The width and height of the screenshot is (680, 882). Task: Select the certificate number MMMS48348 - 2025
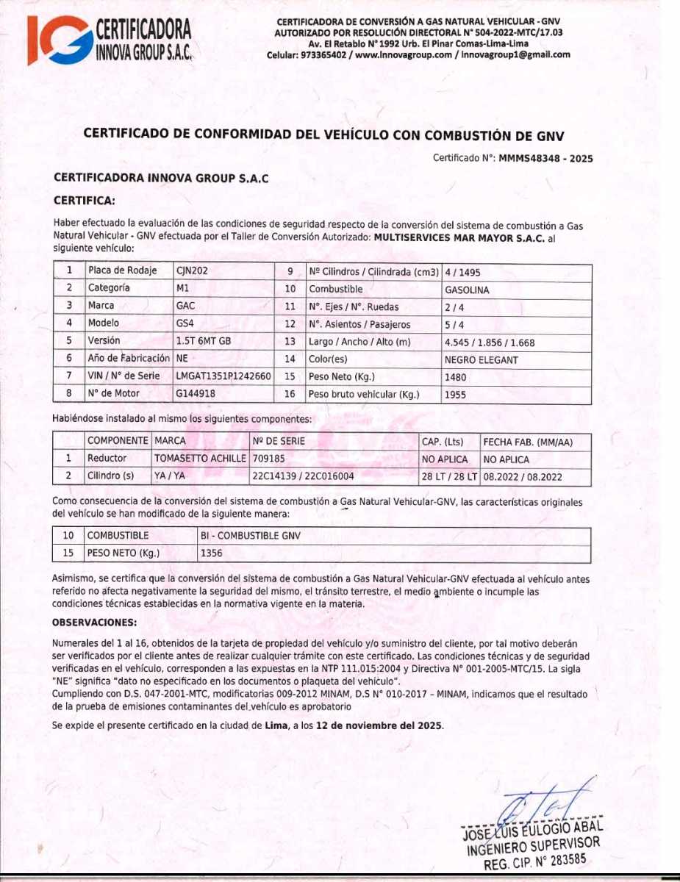pos(545,158)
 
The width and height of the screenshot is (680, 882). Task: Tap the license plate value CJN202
pos(193,270)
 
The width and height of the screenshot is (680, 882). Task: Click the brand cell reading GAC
pos(185,306)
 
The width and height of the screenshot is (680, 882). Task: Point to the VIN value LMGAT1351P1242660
pos(223,376)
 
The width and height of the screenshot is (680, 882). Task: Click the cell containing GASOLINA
pos(467,290)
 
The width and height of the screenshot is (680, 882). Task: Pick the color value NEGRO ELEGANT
pos(482,360)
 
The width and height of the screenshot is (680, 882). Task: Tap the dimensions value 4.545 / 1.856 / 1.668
pos(490,343)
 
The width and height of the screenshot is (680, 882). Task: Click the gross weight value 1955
pos(456,395)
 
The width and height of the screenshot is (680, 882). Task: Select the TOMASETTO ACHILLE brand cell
pos(200,459)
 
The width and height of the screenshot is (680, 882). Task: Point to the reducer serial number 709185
pos(268,459)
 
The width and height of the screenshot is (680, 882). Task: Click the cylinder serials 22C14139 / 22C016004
pos(303,476)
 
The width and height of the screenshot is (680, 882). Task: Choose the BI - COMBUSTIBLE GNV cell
pos(250,536)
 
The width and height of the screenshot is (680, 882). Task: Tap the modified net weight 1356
pos(212,553)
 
